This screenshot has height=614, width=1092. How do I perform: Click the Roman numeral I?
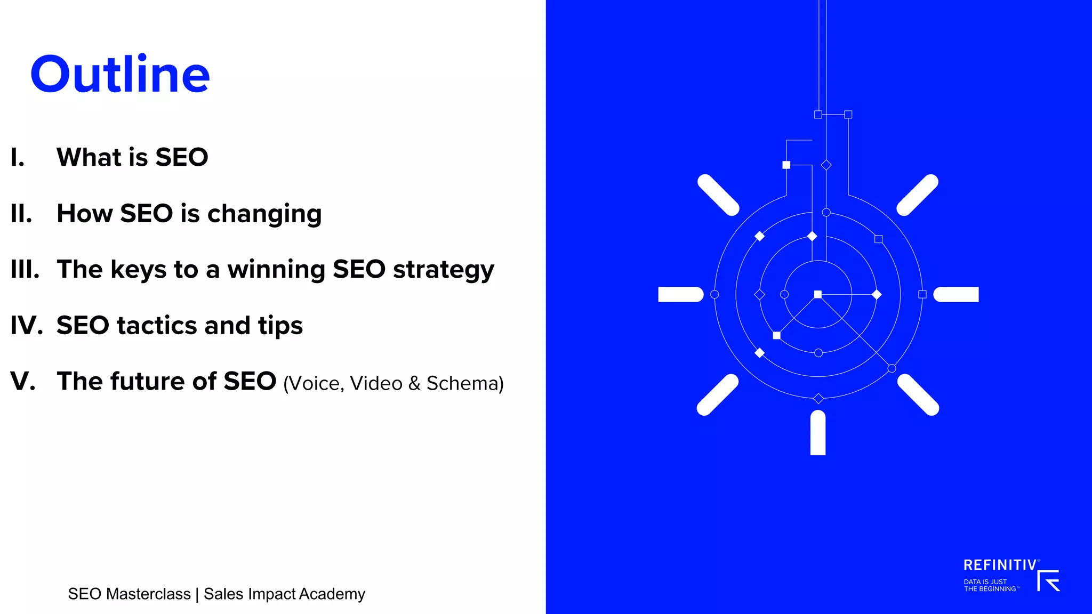click(18, 157)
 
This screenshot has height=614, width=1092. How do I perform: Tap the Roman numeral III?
click(25, 269)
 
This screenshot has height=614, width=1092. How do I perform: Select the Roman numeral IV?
click(27, 325)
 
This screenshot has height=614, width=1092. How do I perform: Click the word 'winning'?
click(276, 270)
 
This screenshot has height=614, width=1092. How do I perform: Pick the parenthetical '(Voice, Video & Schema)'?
click(393, 383)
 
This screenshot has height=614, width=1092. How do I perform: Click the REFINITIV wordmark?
click(1000, 565)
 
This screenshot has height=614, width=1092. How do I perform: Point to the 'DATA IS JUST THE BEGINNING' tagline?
click(991, 585)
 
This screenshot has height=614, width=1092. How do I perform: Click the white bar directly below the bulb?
click(818, 433)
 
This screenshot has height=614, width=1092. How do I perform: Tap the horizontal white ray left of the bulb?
click(680, 294)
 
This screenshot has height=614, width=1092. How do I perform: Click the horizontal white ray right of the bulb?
click(956, 294)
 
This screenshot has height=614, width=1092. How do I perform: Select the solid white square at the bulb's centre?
click(818, 294)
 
